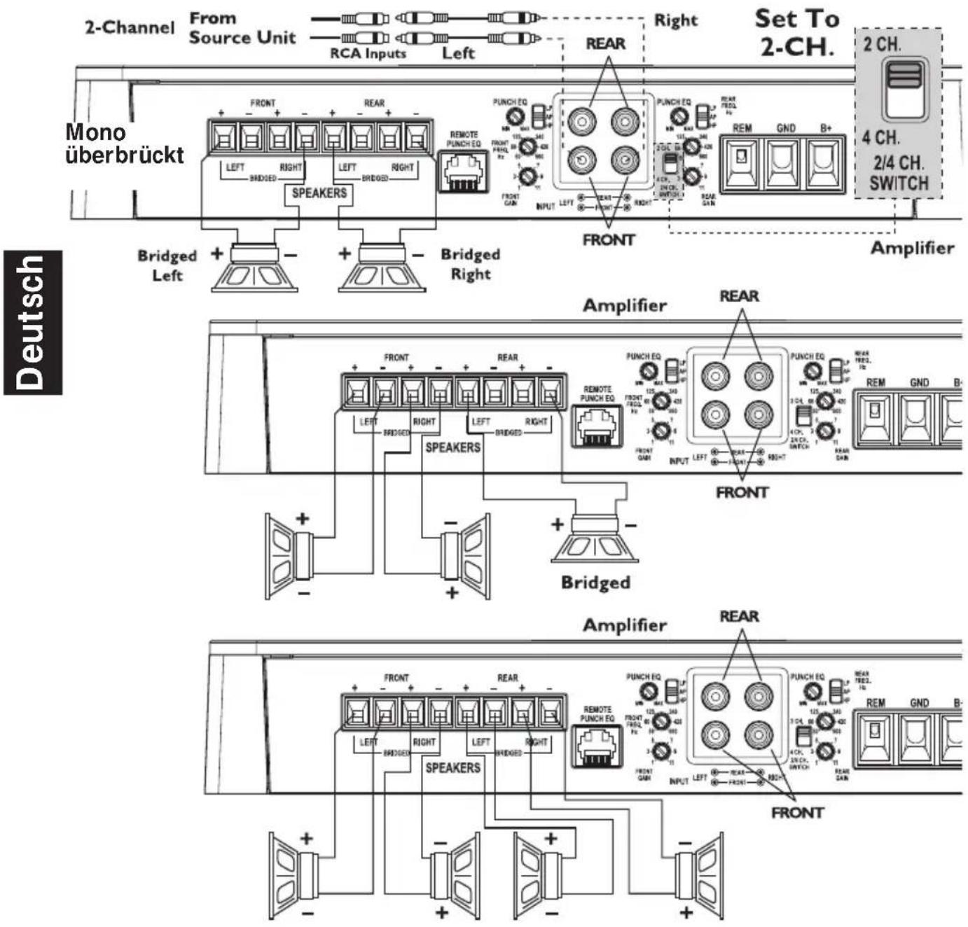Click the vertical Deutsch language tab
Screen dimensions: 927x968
click(x=32, y=322)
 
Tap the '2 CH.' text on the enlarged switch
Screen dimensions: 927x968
click(x=882, y=44)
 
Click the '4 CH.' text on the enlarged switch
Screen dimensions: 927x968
click(x=881, y=137)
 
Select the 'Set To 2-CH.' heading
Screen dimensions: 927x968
click(x=796, y=32)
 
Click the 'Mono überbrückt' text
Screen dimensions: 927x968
click(x=124, y=144)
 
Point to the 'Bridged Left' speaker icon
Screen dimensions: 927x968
click(x=255, y=268)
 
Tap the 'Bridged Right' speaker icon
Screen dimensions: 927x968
click(x=382, y=268)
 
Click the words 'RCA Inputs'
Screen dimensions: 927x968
click(x=368, y=53)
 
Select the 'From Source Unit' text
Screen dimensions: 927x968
click(x=242, y=28)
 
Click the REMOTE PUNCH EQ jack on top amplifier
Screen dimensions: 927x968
click(x=462, y=170)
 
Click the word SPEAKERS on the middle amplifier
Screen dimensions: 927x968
click(x=452, y=447)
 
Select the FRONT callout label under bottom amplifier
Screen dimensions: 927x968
click(x=797, y=813)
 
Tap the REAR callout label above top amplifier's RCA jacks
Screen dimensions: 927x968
click(x=605, y=43)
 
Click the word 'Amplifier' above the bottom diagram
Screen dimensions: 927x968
click(x=625, y=625)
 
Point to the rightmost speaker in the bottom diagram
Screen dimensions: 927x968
click(x=699, y=875)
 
